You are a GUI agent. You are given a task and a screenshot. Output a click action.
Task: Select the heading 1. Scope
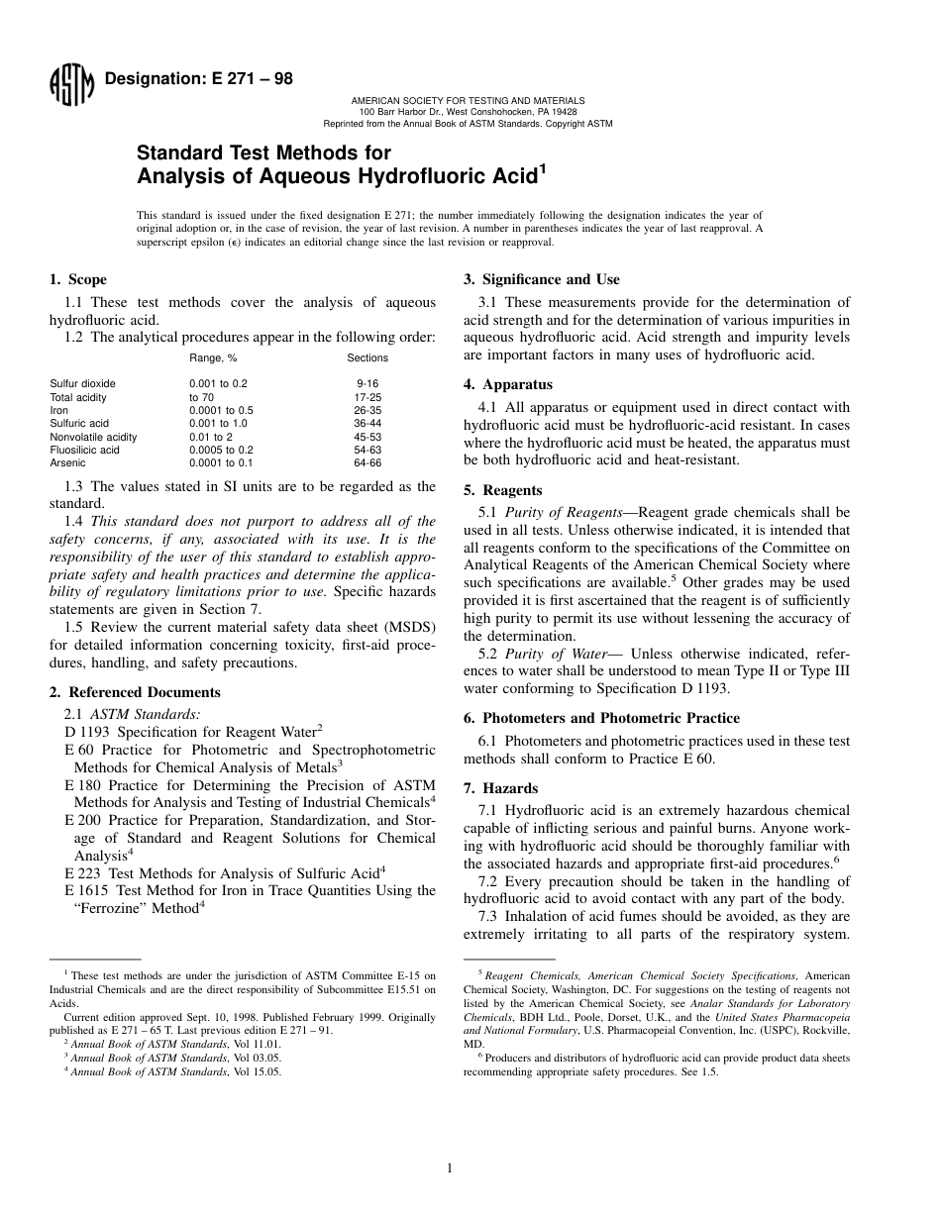[78, 280]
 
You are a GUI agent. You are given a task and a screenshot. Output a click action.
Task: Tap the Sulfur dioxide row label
[82, 383]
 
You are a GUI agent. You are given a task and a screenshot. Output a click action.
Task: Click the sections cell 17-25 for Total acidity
[367, 397]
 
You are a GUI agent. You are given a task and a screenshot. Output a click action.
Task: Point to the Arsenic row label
[67, 462]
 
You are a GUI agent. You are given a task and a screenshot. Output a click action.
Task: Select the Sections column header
[367, 357]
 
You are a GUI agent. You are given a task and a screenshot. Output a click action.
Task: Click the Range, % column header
[213, 357]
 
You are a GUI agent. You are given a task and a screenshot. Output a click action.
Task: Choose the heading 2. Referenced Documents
[135, 692]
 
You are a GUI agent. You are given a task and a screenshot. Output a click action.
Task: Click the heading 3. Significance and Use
[542, 280]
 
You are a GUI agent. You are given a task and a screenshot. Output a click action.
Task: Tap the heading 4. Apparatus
[508, 384]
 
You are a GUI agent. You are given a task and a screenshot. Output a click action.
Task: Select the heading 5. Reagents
[503, 490]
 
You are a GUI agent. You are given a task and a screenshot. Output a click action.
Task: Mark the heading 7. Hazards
[501, 788]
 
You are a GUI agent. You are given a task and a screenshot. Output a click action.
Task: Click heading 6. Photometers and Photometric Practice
[601, 718]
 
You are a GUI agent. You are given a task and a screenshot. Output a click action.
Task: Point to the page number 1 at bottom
[449, 1168]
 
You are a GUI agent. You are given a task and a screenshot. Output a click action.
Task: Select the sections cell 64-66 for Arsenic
[367, 462]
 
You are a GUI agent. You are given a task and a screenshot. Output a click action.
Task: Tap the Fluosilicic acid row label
[84, 450]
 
